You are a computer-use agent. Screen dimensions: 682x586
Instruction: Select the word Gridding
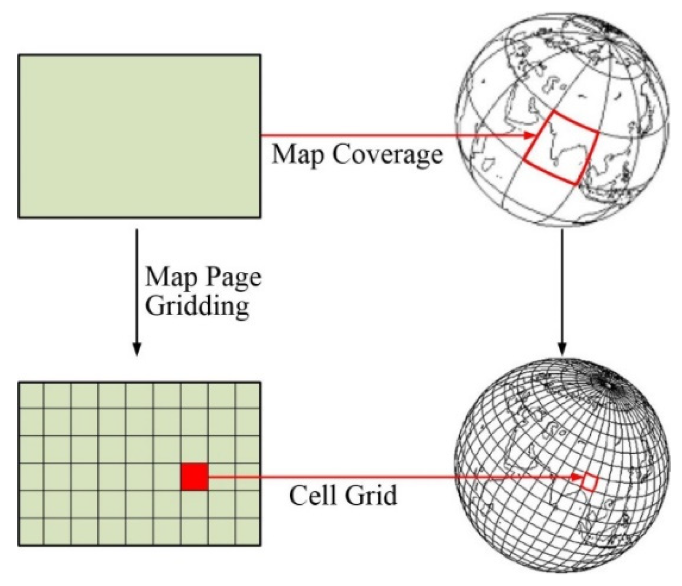tap(198, 306)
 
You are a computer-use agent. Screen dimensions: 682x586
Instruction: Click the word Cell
tap(312, 495)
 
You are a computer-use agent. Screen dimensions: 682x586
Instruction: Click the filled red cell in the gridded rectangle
tap(194, 477)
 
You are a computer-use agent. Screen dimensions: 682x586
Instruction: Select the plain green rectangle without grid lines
tap(139, 136)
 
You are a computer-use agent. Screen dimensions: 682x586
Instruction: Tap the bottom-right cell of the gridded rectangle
tap(248, 531)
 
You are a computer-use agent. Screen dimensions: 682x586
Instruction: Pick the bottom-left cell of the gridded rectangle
tap(32, 531)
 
